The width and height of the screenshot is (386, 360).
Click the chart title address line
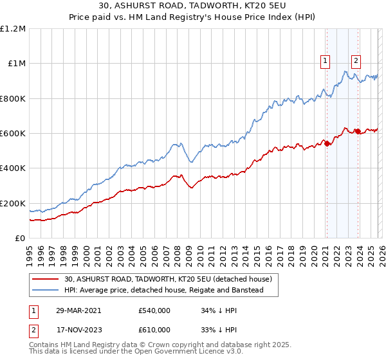(193, 6)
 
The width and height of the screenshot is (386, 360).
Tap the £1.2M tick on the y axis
(13, 29)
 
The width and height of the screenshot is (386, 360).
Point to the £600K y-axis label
(12, 134)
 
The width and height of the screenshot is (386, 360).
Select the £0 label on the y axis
(19, 239)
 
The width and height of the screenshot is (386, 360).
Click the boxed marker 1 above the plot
(326, 61)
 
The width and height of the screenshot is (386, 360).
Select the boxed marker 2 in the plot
(356, 61)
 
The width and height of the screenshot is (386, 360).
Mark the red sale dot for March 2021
(327, 143)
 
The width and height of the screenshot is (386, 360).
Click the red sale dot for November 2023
(357, 131)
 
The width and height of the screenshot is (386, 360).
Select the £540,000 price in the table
(154, 310)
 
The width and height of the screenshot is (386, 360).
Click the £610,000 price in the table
(154, 329)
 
